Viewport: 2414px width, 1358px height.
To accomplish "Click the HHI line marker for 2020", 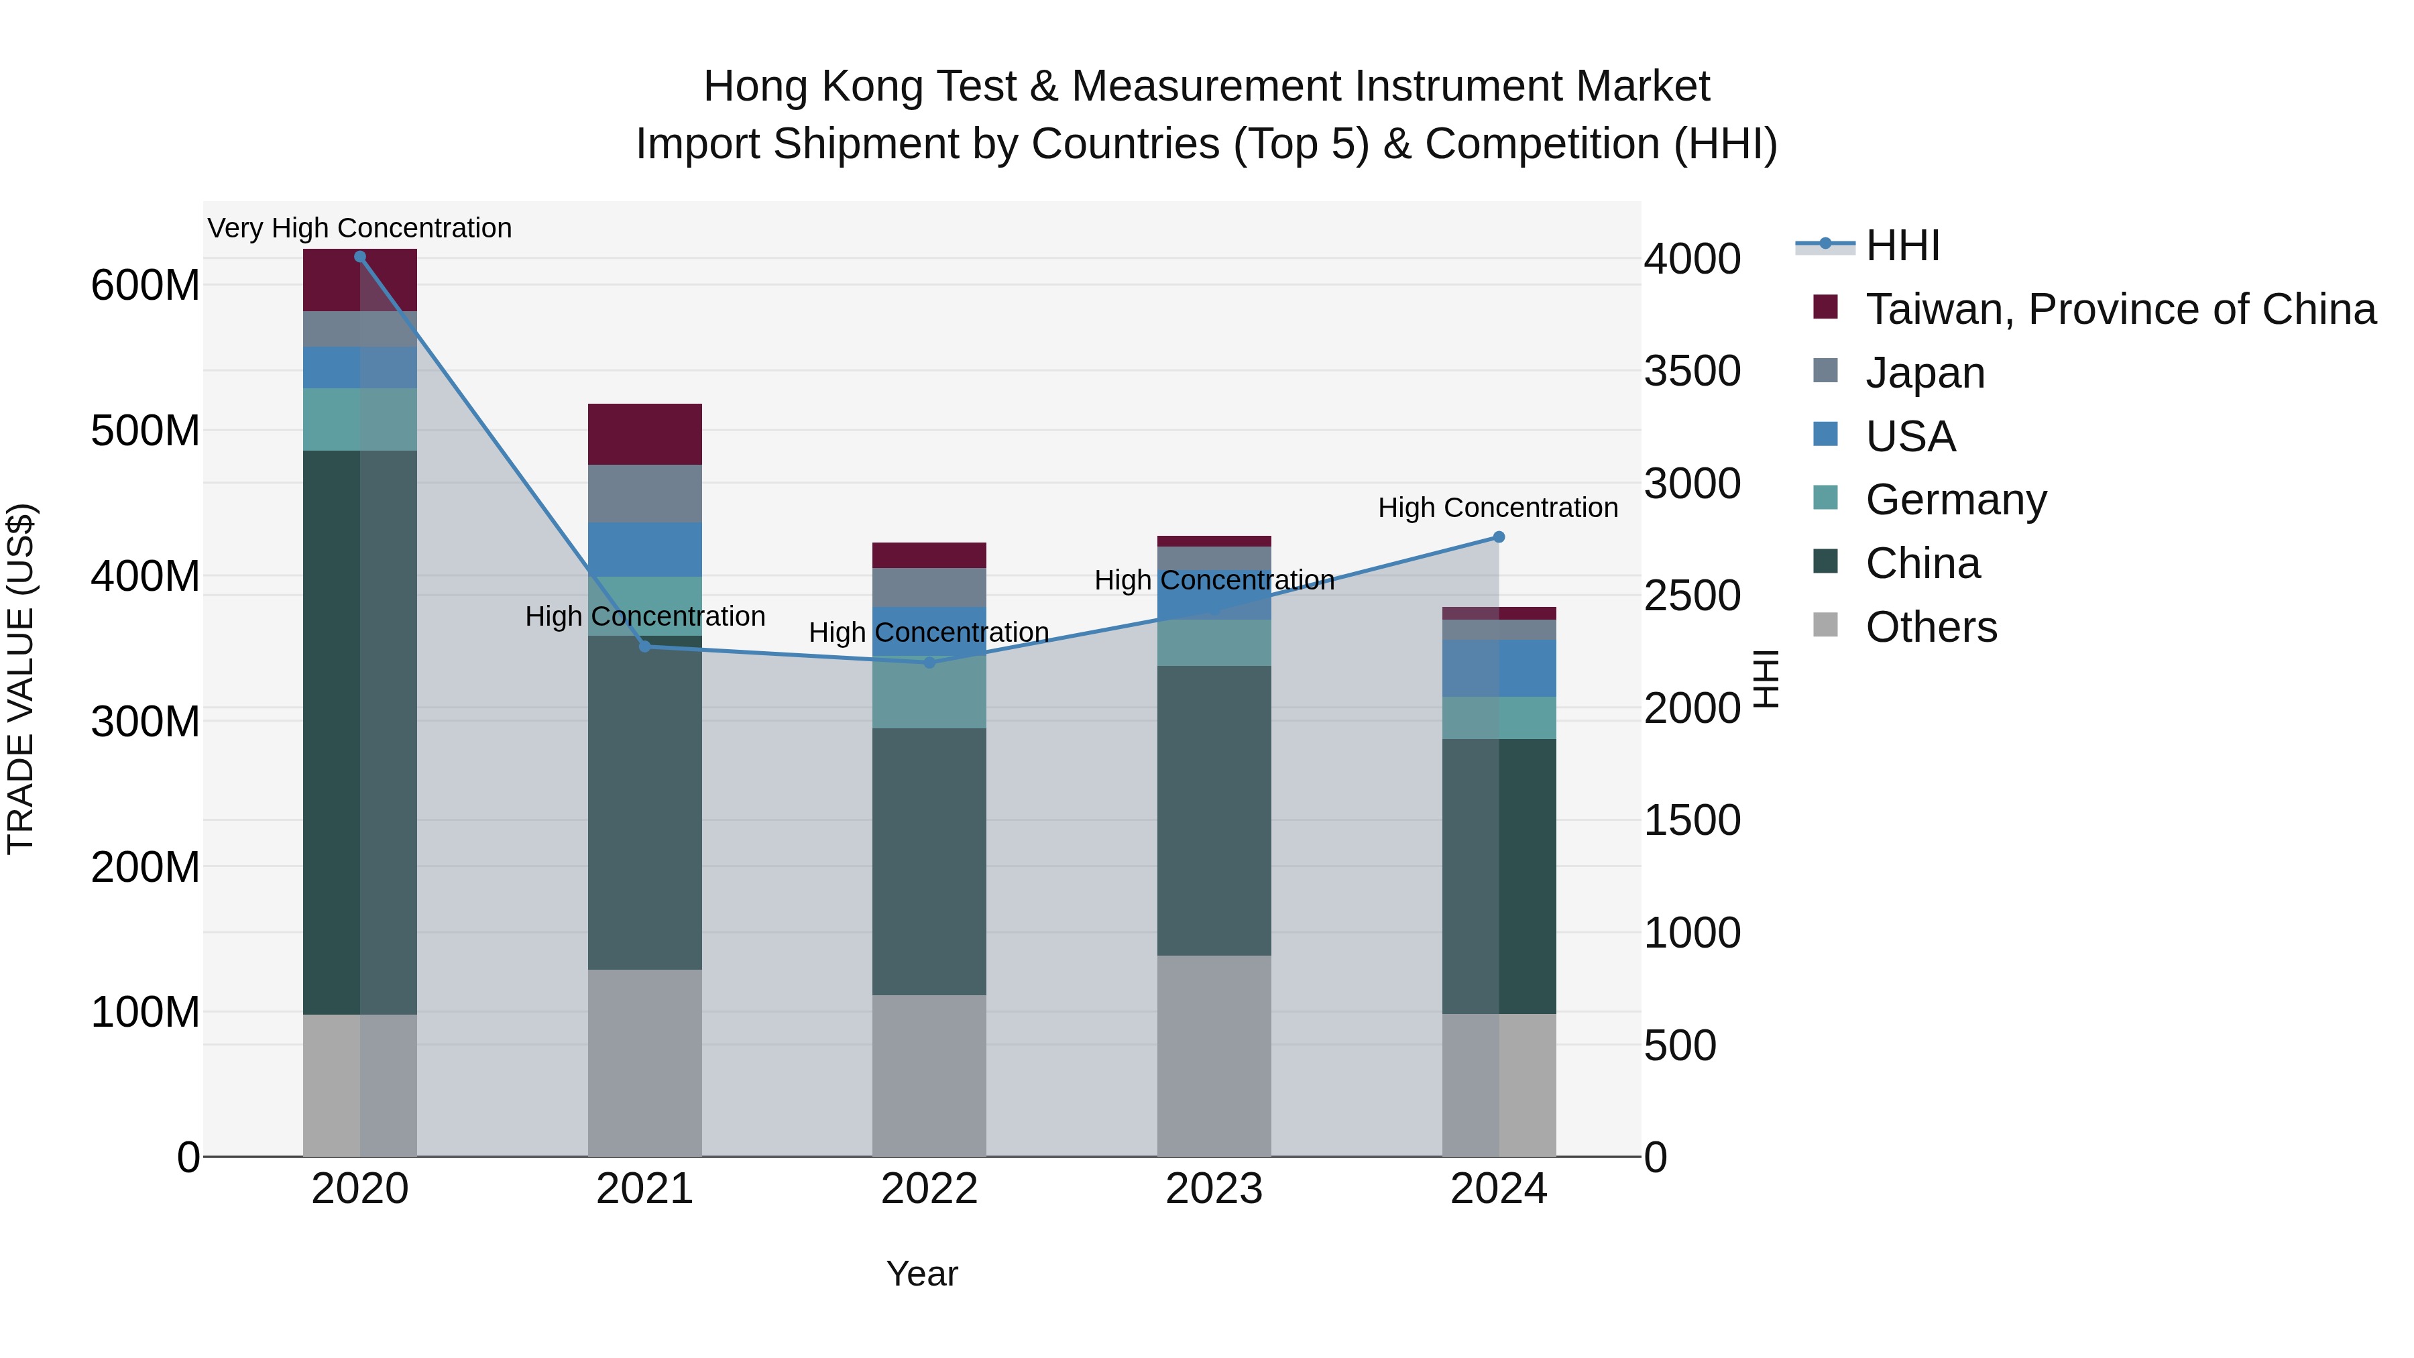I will [360, 257].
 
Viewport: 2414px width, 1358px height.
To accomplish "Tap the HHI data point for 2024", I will [1499, 537].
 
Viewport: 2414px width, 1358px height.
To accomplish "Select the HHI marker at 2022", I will [929, 663].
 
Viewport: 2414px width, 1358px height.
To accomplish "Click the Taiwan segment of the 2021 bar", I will [644, 434].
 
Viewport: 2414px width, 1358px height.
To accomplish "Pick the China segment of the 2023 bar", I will [1214, 811].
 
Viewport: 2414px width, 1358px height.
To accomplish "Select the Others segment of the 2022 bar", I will [929, 1075].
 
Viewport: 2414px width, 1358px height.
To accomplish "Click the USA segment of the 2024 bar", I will [1499, 668].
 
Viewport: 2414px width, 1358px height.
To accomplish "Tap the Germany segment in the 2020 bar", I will [360, 419].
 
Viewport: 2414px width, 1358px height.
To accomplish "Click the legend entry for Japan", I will [1924, 373].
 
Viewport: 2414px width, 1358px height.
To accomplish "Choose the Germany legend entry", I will [1956, 500].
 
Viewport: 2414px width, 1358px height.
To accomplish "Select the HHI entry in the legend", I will [1902, 245].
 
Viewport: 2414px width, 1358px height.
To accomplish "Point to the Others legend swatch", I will [1825, 625].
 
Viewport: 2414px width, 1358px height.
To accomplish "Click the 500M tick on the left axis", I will [146, 431].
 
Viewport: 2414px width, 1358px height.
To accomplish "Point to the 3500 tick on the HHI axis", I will [1692, 371].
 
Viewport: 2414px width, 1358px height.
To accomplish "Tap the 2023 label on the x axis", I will [1214, 1189].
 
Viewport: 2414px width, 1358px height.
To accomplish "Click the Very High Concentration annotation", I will [360, 228].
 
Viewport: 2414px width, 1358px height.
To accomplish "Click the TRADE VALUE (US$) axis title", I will [21, 679].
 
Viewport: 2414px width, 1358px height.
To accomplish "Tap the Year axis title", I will [922, 1274].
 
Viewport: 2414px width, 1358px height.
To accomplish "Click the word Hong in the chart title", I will [757, 87].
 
